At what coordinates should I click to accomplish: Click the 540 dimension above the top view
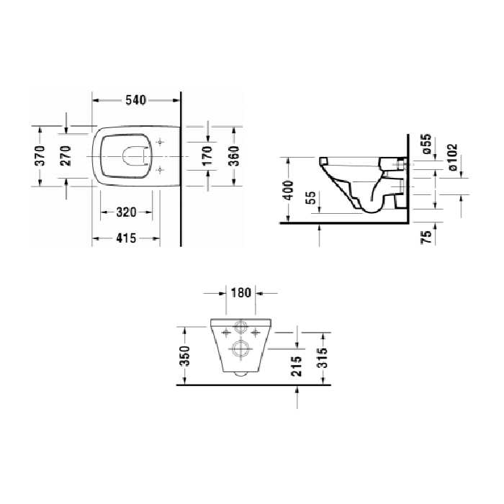[136, 100]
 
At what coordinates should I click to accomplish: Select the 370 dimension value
[41, 155]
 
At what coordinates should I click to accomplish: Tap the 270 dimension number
[66, 155]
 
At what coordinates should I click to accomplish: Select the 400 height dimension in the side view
[289, 190]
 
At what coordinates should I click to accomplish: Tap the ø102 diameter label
[453, 156]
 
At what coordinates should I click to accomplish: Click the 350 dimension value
[184, 356]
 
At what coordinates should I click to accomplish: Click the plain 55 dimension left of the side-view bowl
[310, 198]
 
